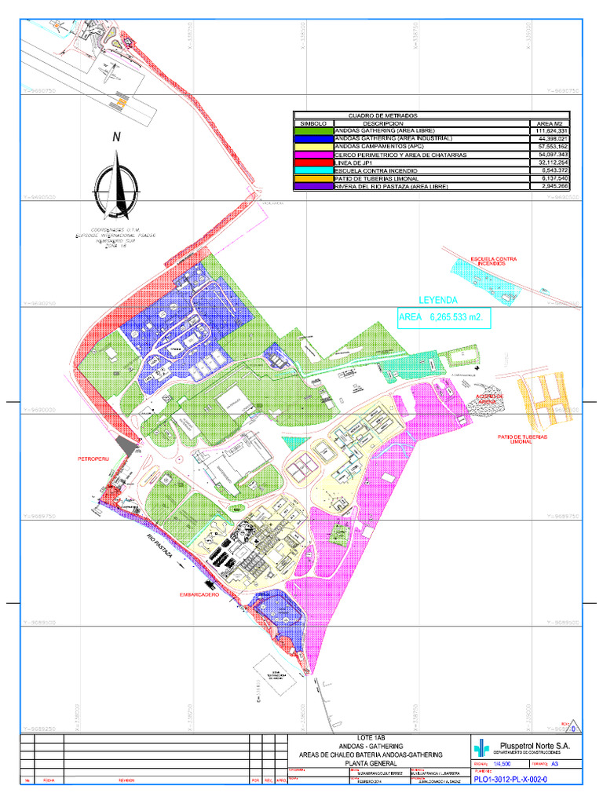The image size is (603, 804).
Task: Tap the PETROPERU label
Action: coord(93,457)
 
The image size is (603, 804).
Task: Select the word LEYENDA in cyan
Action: coord(438,301)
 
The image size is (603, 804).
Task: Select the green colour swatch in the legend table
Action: coord(313,130)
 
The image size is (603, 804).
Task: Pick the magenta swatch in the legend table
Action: coord(313,155)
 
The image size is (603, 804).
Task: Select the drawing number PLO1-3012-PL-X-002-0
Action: coord(510,780)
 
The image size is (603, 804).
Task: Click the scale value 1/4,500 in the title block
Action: coord(502,764)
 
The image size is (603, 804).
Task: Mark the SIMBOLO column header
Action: coord(313,123)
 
